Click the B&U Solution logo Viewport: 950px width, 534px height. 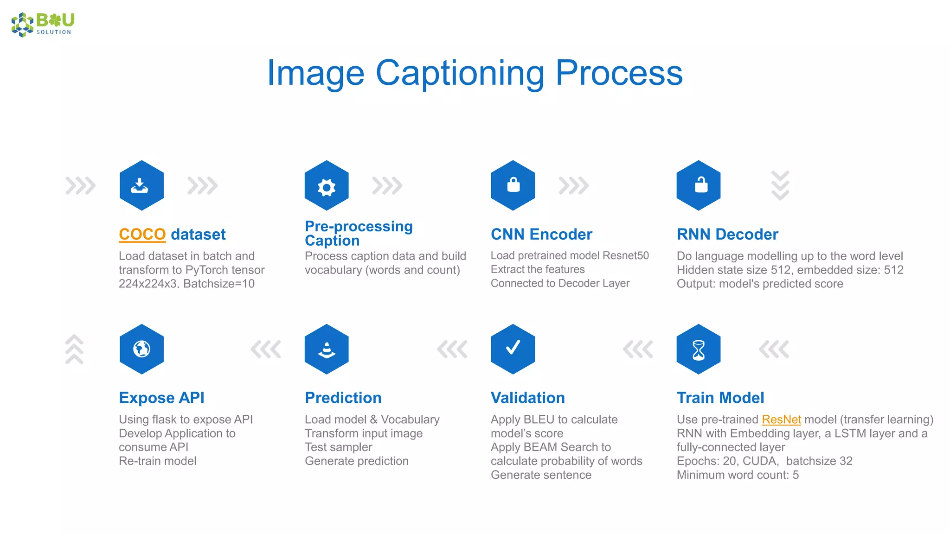coord(43,24)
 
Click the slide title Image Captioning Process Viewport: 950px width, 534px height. coord(475,73)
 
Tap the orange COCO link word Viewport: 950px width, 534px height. coord(142,234)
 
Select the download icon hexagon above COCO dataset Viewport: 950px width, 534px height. coord(141,185)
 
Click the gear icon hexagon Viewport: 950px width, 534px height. coord(327,185)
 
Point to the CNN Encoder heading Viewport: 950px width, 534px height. coord(541,234)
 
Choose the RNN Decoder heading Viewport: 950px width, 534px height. coord(727,234)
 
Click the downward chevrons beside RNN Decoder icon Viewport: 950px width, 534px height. coord(780,185)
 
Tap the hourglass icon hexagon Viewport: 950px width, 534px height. coord(698,349)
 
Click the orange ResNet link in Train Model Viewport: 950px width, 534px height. coord(781,419)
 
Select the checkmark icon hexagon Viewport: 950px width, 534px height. coord(513,349)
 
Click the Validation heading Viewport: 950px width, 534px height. coord(527,398)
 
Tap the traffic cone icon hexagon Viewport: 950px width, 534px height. coord(327,349)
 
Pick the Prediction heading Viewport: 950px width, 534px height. coord(343,398)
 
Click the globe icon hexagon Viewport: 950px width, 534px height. coord(141,349)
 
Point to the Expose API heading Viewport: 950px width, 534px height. coord(161,398)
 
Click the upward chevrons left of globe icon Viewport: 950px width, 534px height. coord(74,349)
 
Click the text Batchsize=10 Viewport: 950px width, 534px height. coord(219,284)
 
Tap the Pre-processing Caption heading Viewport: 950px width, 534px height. coord(358,233)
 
